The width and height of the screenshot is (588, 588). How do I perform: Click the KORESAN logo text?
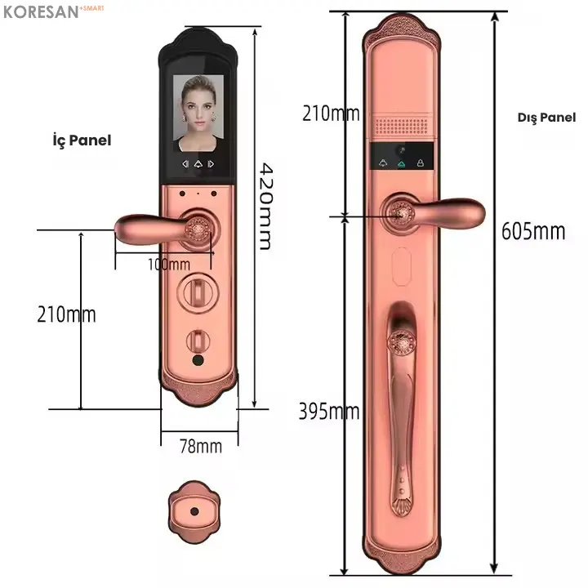pyautogui.click(x=42, y=12)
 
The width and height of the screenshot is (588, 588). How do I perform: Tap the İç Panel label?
pyautogui.click(x=82, y=140)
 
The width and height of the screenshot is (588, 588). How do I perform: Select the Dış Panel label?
pyautogui.click(x=546, y=118)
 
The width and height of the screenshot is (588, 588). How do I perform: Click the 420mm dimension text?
pyautogui.click(x=266, y=207)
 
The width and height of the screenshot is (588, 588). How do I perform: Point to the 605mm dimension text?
pyautogui.click(x=533, y=231)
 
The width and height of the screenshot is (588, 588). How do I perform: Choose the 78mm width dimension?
pyautogui.click(x=201, y=446)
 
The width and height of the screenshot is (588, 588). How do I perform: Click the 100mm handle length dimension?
pyautogui.click(x=169, y=265)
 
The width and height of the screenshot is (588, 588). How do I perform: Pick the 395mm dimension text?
pyautogui.click(x=329, y=412)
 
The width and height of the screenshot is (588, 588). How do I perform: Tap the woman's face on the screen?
pyautogui.click(x=198, y=105)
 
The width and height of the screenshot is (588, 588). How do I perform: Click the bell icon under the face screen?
pyautogui.click(x=198, y=164)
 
